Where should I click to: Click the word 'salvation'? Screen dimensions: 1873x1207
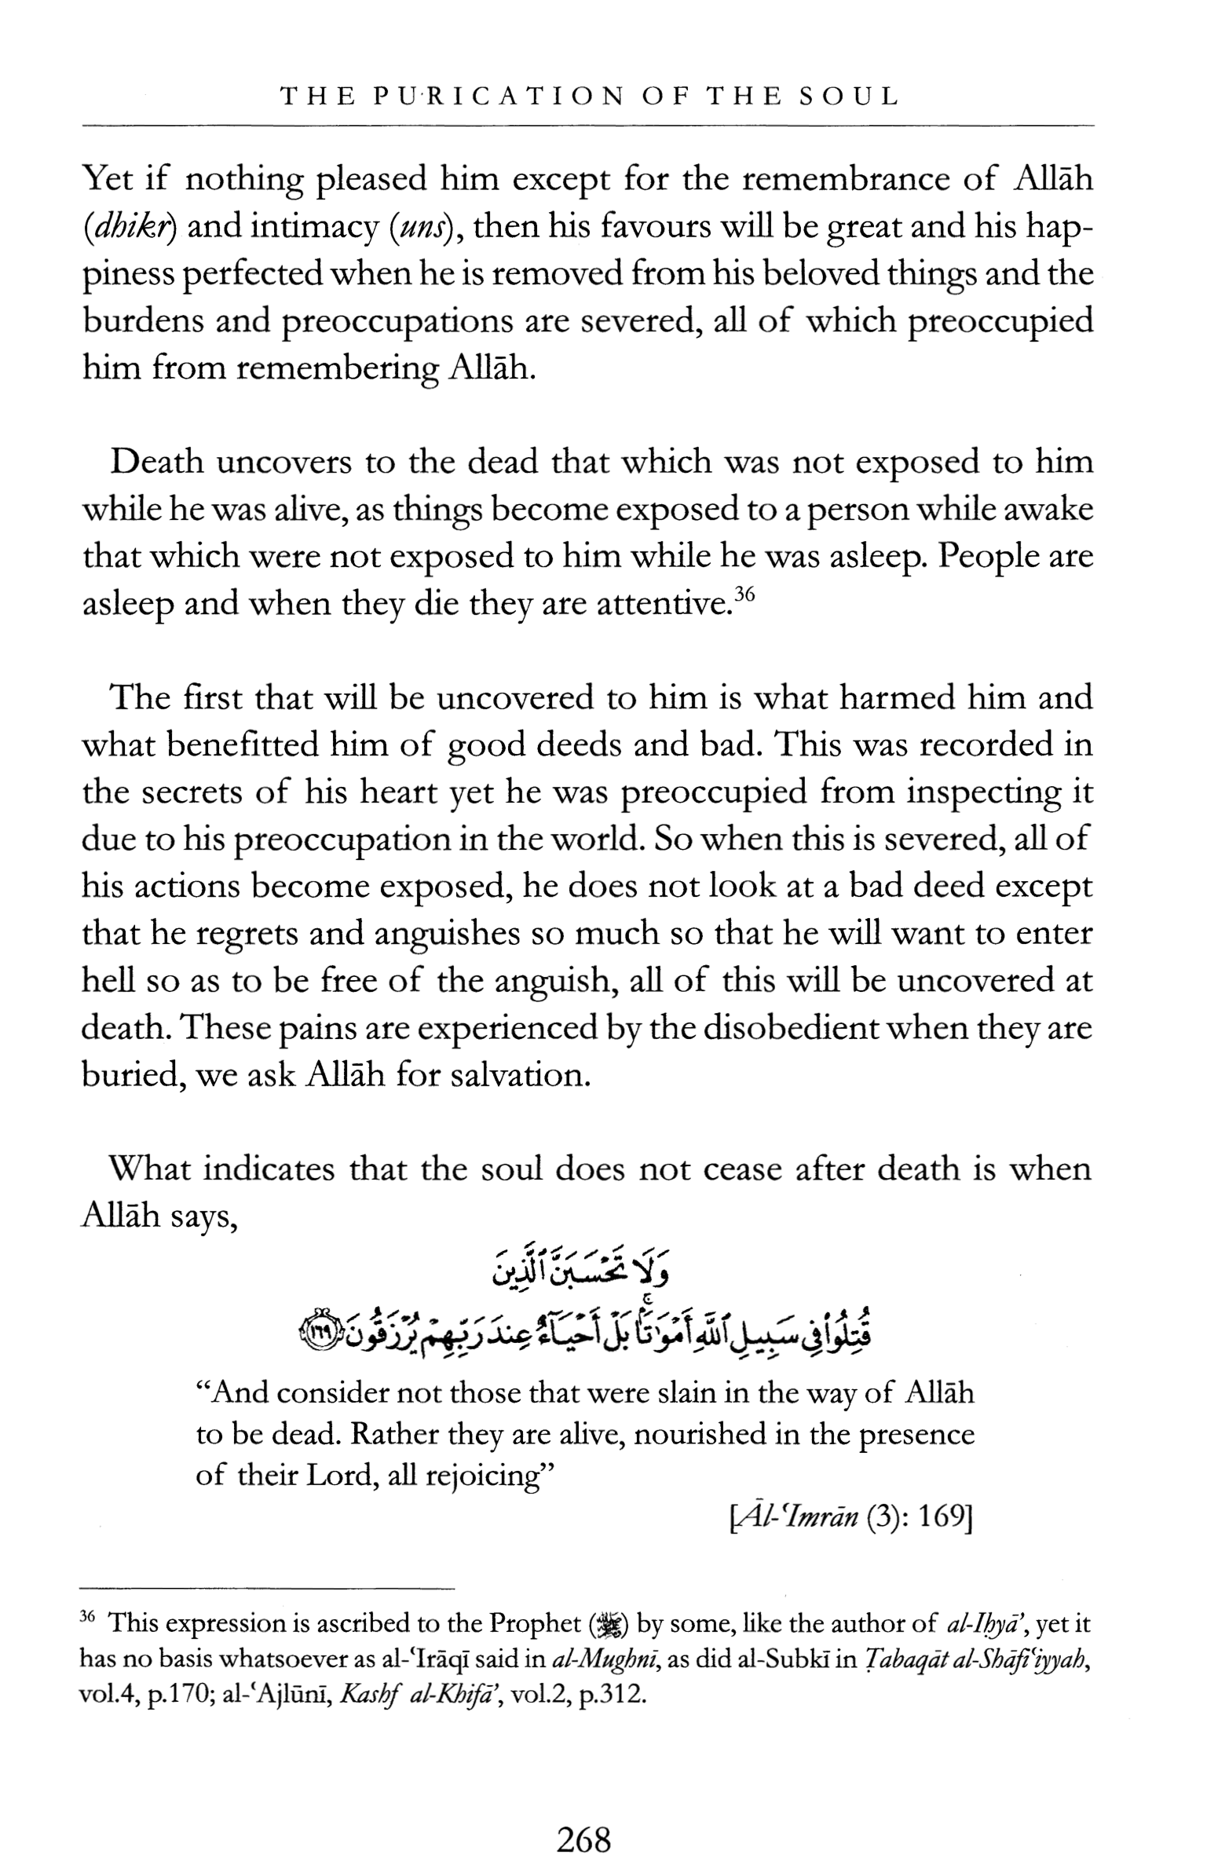pos(519,1075)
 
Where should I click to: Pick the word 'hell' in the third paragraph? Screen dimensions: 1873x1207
pos(107,981)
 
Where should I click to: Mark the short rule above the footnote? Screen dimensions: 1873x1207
pos(267,1587)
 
